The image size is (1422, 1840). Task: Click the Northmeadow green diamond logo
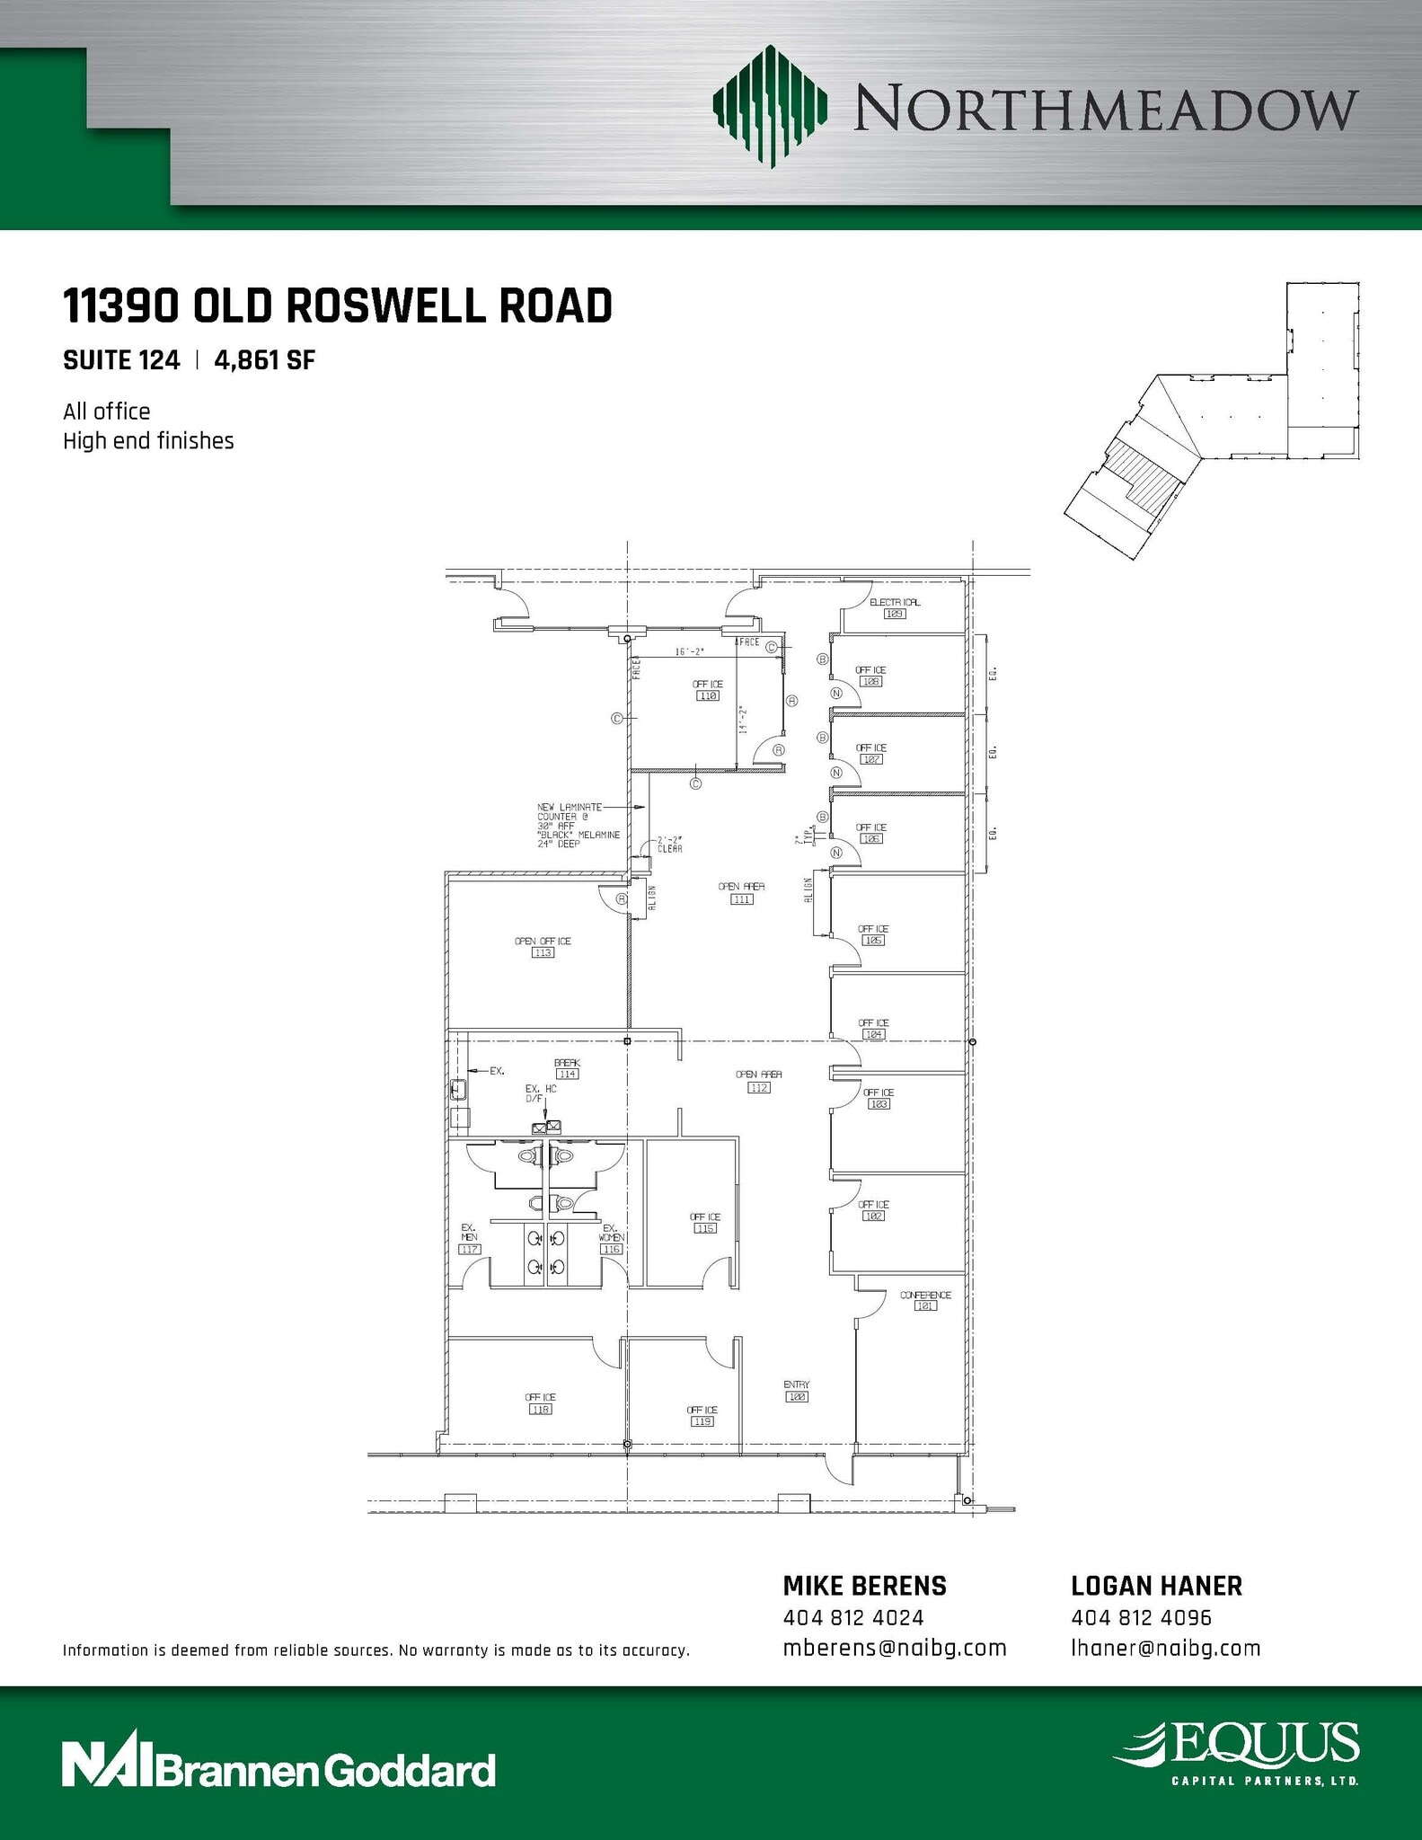pyautogui.click(x=769, y=107)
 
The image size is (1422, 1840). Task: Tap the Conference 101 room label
pyautogui.click(x=925, y=1300)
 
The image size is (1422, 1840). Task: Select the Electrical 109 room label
pyautogui.click(x=894, y=608)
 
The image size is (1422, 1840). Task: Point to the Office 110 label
pyautogui.click(x=708, y=689)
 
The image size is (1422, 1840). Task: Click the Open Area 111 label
pyautogui.click(x=741, y=892)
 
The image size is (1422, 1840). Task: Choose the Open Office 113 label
pyautogui.click(x=543, y=946)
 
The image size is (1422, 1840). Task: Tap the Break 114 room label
pyautogui.click(x=567, y=1067)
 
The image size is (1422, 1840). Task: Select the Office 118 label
pyautogui.click(x=540, y=1403)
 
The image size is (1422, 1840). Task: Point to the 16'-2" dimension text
pyautogui.click(x=690, y=651)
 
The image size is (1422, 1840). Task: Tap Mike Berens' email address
pyautogui.click(x=894, y=1648)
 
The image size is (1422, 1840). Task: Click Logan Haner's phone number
pyautogui.click(x=1141, y=1617)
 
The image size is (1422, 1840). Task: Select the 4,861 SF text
pyautogui.click(x=264, y=360)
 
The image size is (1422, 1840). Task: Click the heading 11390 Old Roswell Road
pyautogui.click(x=337, y=306)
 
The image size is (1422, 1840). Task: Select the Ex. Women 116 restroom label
pyautogui.click(x=611, y=1238)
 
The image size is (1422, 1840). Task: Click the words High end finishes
pyautogui.click(x=148, y=441)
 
